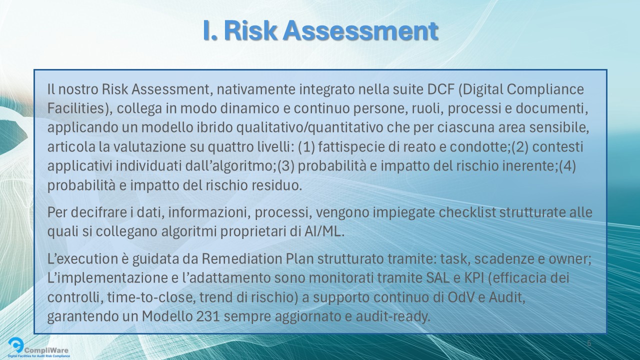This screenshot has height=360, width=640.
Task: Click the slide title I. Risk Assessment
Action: tap(320, 31)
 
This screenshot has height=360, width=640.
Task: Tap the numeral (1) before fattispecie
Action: tap(305, 147)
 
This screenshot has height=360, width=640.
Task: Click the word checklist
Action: tap(467, 212)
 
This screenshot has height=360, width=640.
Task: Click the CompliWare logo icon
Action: tap(16, 345)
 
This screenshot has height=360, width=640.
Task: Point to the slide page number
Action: tap(588, 343)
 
